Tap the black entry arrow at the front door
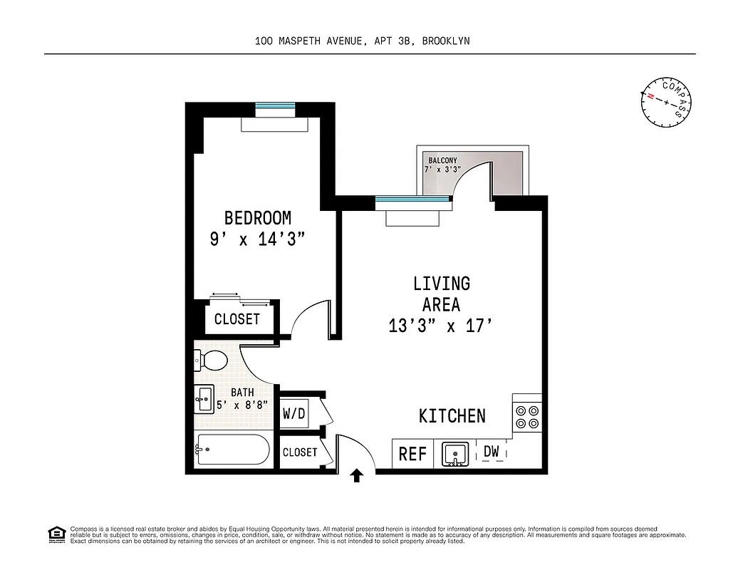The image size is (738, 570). point(357,476)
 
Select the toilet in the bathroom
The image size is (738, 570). point(209,361)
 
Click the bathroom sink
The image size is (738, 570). point(204,398)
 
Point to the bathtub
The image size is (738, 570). point(233,450)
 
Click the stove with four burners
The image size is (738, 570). point(526,417)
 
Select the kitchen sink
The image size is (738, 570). point(454,454)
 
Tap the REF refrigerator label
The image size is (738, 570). point(412,454)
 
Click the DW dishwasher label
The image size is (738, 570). point(492,451)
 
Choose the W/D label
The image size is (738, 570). point(293,413)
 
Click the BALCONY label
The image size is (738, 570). point(442,160)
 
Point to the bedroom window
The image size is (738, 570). point(274,107)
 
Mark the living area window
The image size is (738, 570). point(413,200)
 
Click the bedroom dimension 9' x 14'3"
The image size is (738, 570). point(257,239)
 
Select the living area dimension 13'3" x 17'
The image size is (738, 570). point(441,326)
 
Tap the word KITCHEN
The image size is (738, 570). point(452,416)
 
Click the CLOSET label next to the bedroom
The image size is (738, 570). point(237,319)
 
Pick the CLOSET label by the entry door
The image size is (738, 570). point(300,452)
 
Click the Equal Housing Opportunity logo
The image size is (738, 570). point(56,534)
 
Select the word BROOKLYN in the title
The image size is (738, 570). point(445,41)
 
